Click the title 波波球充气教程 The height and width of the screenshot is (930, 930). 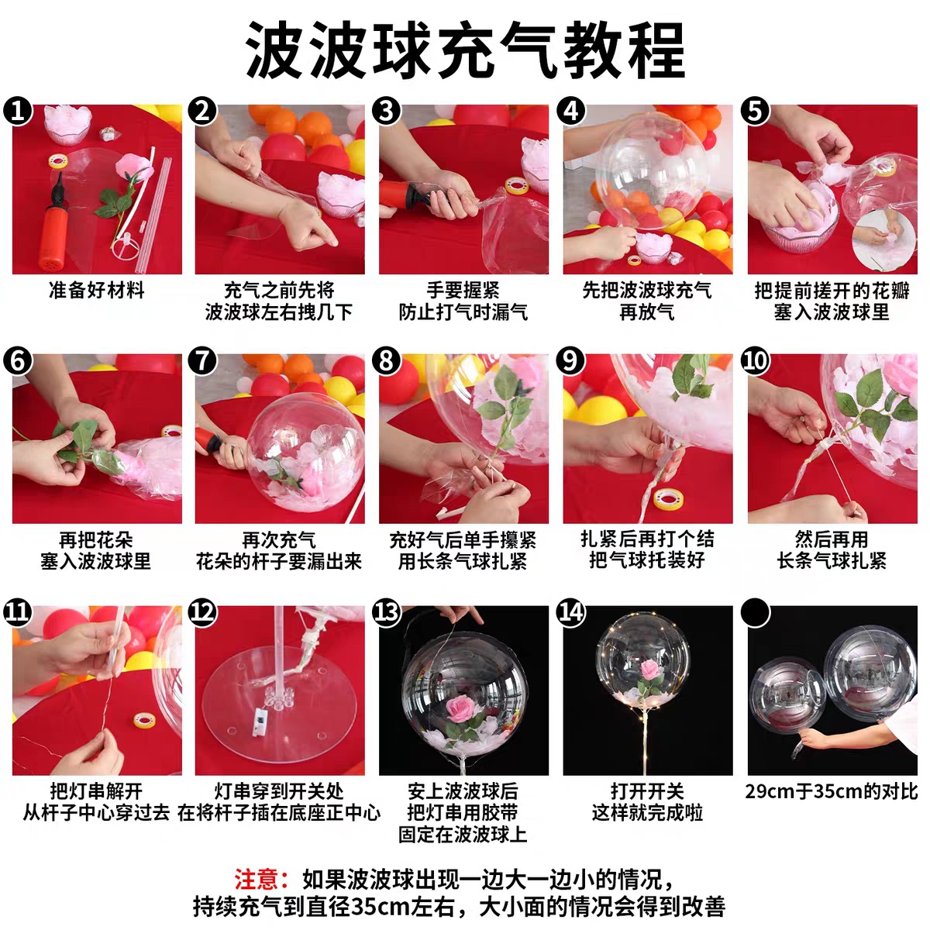tap(466, 50)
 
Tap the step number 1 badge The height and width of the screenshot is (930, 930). tap(18, 111)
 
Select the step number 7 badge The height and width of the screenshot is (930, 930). tap(202, 360)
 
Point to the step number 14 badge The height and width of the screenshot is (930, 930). tap(570, 612)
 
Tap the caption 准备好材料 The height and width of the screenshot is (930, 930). tap(97, 291)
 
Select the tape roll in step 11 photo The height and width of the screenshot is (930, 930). tap(144, 721)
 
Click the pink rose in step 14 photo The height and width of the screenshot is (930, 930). tap(649, 670)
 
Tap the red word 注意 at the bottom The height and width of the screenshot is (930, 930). tap(255, 879)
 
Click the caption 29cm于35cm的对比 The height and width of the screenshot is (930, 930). tap(832, 791)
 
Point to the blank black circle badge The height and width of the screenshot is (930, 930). tap(755, 612)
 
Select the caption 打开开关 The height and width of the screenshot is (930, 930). tap(647, 791)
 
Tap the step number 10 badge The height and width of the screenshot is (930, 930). tap(755, 360)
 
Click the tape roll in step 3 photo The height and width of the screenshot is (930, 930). tap(517, 185)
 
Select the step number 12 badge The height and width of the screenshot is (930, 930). tap(202, 612)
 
